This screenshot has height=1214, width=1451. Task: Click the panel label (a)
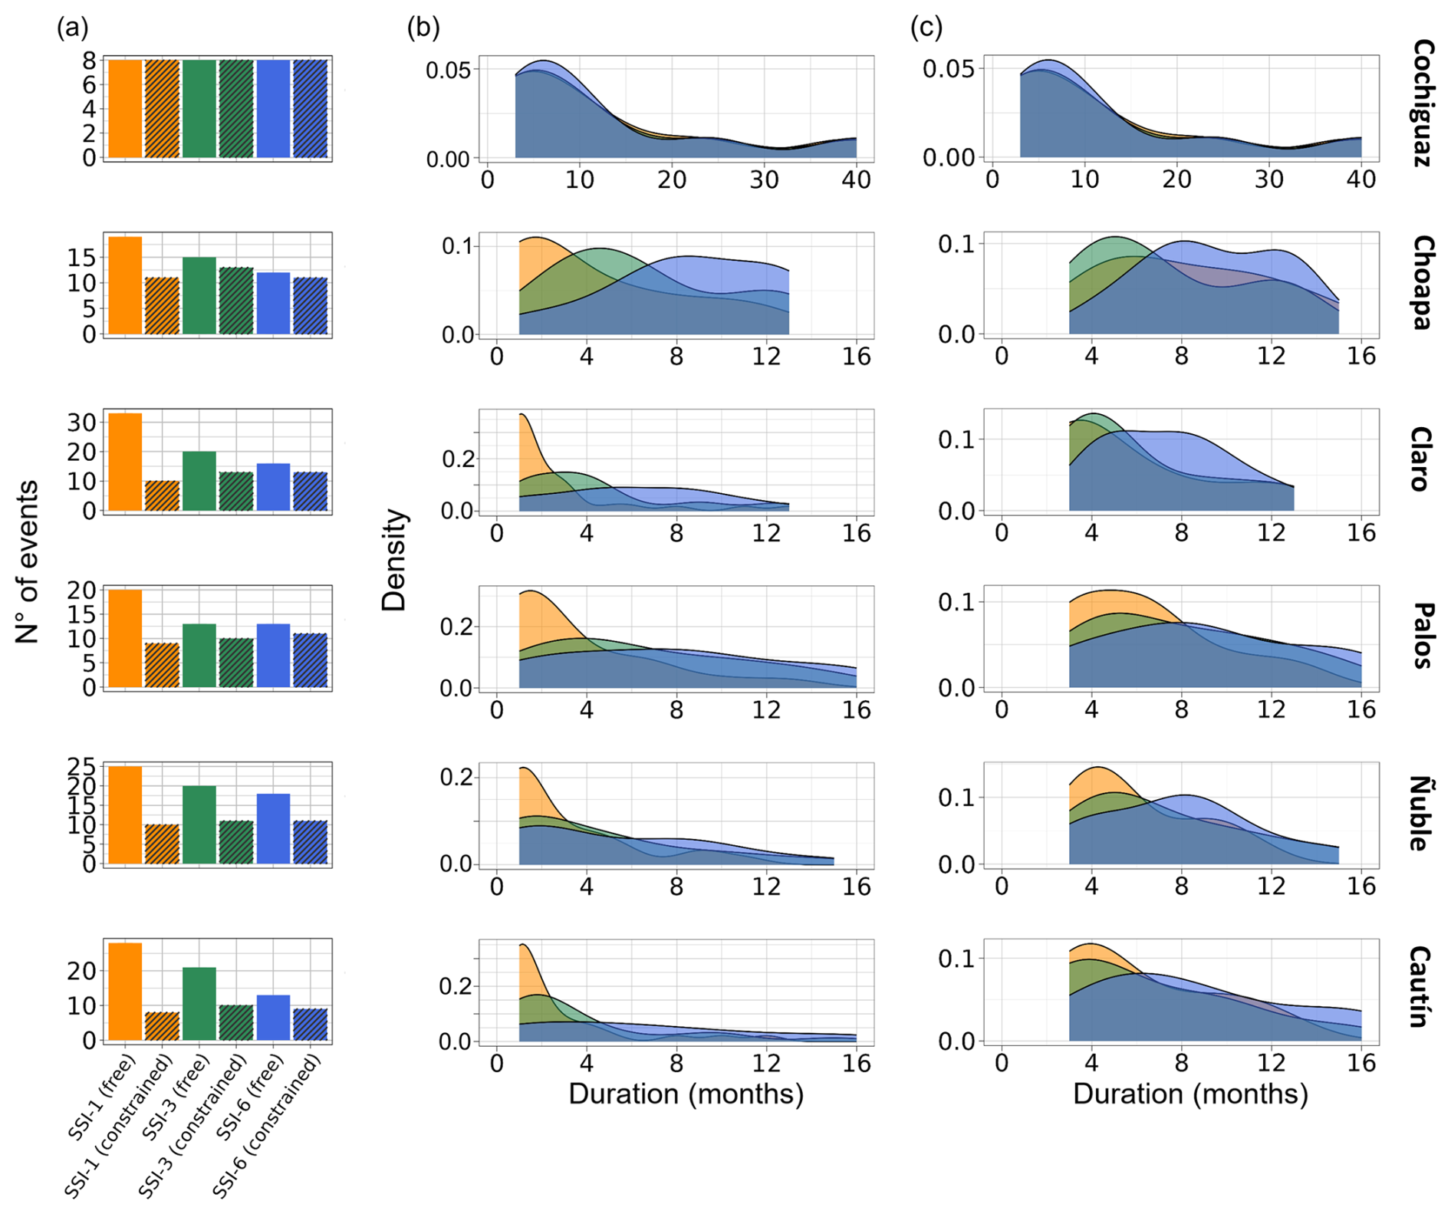[x=73, y=28]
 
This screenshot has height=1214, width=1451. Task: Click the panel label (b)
[x=423, y=28]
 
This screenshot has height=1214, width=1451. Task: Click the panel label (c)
[x=926, y=28]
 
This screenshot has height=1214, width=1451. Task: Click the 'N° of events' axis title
[x=28, y=561]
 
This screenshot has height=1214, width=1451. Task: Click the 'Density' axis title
[x=394, y=560]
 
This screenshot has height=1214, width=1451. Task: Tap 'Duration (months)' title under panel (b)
[x=686, y=1094]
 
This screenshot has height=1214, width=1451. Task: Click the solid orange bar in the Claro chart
[x=125, y=462]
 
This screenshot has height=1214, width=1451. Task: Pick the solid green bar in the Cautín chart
[x=199, y=1004]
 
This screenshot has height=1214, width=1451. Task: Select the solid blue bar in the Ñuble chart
[x=273, y=829]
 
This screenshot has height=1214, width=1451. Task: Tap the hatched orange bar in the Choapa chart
[x=162, y=306]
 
